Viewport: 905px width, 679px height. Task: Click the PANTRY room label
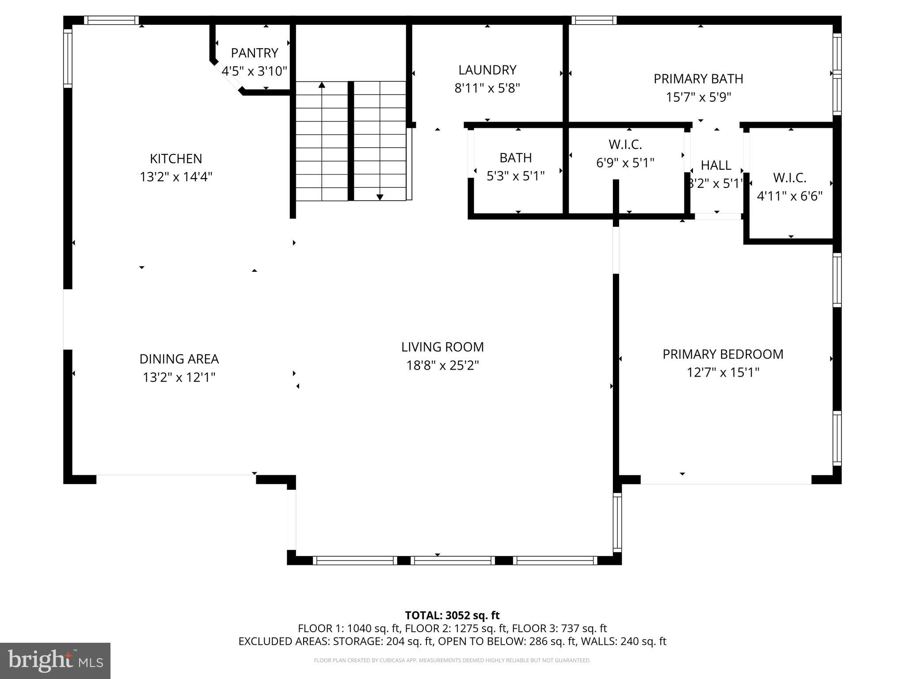pos(255,53)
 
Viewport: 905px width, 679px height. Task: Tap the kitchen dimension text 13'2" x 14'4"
pos(176,177)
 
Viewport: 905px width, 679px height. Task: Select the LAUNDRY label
pos(487,70)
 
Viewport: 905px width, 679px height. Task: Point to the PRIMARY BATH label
pos(698,79)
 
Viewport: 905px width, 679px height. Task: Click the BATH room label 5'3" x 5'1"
pos(515,158)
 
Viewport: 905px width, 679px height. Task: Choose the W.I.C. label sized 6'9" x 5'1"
pos(625,145)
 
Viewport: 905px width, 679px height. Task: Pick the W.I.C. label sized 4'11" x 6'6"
pos(789,178)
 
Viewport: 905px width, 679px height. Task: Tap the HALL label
pos(716,165)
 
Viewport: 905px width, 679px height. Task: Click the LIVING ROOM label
pos(442,347)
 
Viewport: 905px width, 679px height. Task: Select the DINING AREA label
pos(179,359)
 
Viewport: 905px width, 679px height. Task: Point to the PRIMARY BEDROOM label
pos(722,355)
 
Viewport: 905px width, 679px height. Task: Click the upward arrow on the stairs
pos(322,85)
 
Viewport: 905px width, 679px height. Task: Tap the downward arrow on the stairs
pos(380,197)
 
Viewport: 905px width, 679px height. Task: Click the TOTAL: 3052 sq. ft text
pos(452,615)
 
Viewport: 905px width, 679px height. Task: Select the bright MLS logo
pos(55,660)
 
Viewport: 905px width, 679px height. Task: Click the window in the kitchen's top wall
pos(111,20)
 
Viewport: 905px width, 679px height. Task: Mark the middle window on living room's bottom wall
pos(452,561)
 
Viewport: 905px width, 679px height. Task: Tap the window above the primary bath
pos(593,20)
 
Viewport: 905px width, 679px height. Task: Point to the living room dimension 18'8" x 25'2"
pos(442,366)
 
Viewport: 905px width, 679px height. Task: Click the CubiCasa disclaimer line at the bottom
pos(452,660)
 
